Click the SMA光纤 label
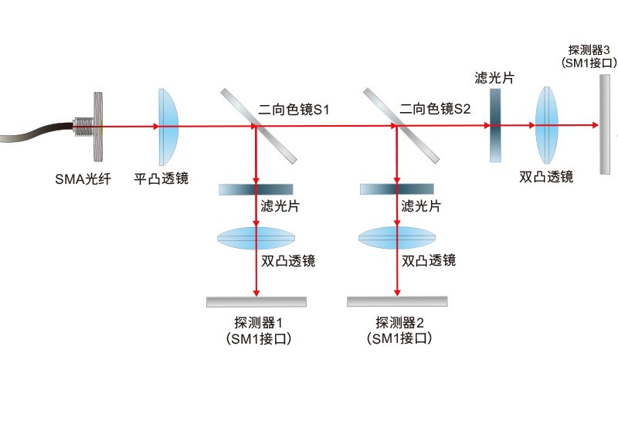[83, 179]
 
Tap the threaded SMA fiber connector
[89, 127]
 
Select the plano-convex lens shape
[168, 127]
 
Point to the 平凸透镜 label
[161, 179]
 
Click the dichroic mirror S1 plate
[259, 126]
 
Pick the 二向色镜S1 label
[294, 109]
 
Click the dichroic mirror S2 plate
[401, 125]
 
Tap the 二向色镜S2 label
[435, 108]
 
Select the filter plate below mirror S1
[256, 189]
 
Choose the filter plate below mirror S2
[397, 189]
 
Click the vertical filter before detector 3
[495, 125]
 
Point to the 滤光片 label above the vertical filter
[494, 78]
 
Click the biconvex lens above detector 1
[256, 238]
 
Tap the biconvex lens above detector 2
[397, 238]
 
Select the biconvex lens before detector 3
[547, 125]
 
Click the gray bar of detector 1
[256, 302]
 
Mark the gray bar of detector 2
[397, 301]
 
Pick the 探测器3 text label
[589, 50]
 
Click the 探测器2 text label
[399, 323]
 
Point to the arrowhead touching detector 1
[256, 293]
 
